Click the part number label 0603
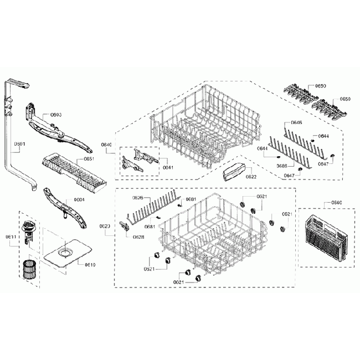[x=56, y=115]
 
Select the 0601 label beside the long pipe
[x=20, y=144]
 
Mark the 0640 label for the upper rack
[x=107, y=145]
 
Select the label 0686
[x=282, y=166]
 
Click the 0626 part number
[x=138, y=198]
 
